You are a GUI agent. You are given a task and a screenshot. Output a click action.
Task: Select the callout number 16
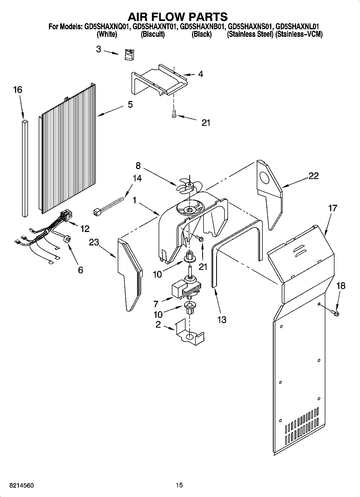point(18,90)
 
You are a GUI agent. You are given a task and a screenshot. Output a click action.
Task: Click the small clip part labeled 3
point(130,55)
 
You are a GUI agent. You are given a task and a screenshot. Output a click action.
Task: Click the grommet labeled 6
point(68,238)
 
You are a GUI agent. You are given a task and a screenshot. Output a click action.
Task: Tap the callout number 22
point(313,176)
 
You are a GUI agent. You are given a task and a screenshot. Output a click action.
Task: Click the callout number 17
point(333,208)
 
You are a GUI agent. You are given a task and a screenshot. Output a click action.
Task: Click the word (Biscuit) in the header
point(152,34)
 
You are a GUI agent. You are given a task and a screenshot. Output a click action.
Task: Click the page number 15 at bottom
point(179,485)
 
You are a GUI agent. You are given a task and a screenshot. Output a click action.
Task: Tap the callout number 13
point(222,320)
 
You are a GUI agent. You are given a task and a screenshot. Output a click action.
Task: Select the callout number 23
point(94,242)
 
